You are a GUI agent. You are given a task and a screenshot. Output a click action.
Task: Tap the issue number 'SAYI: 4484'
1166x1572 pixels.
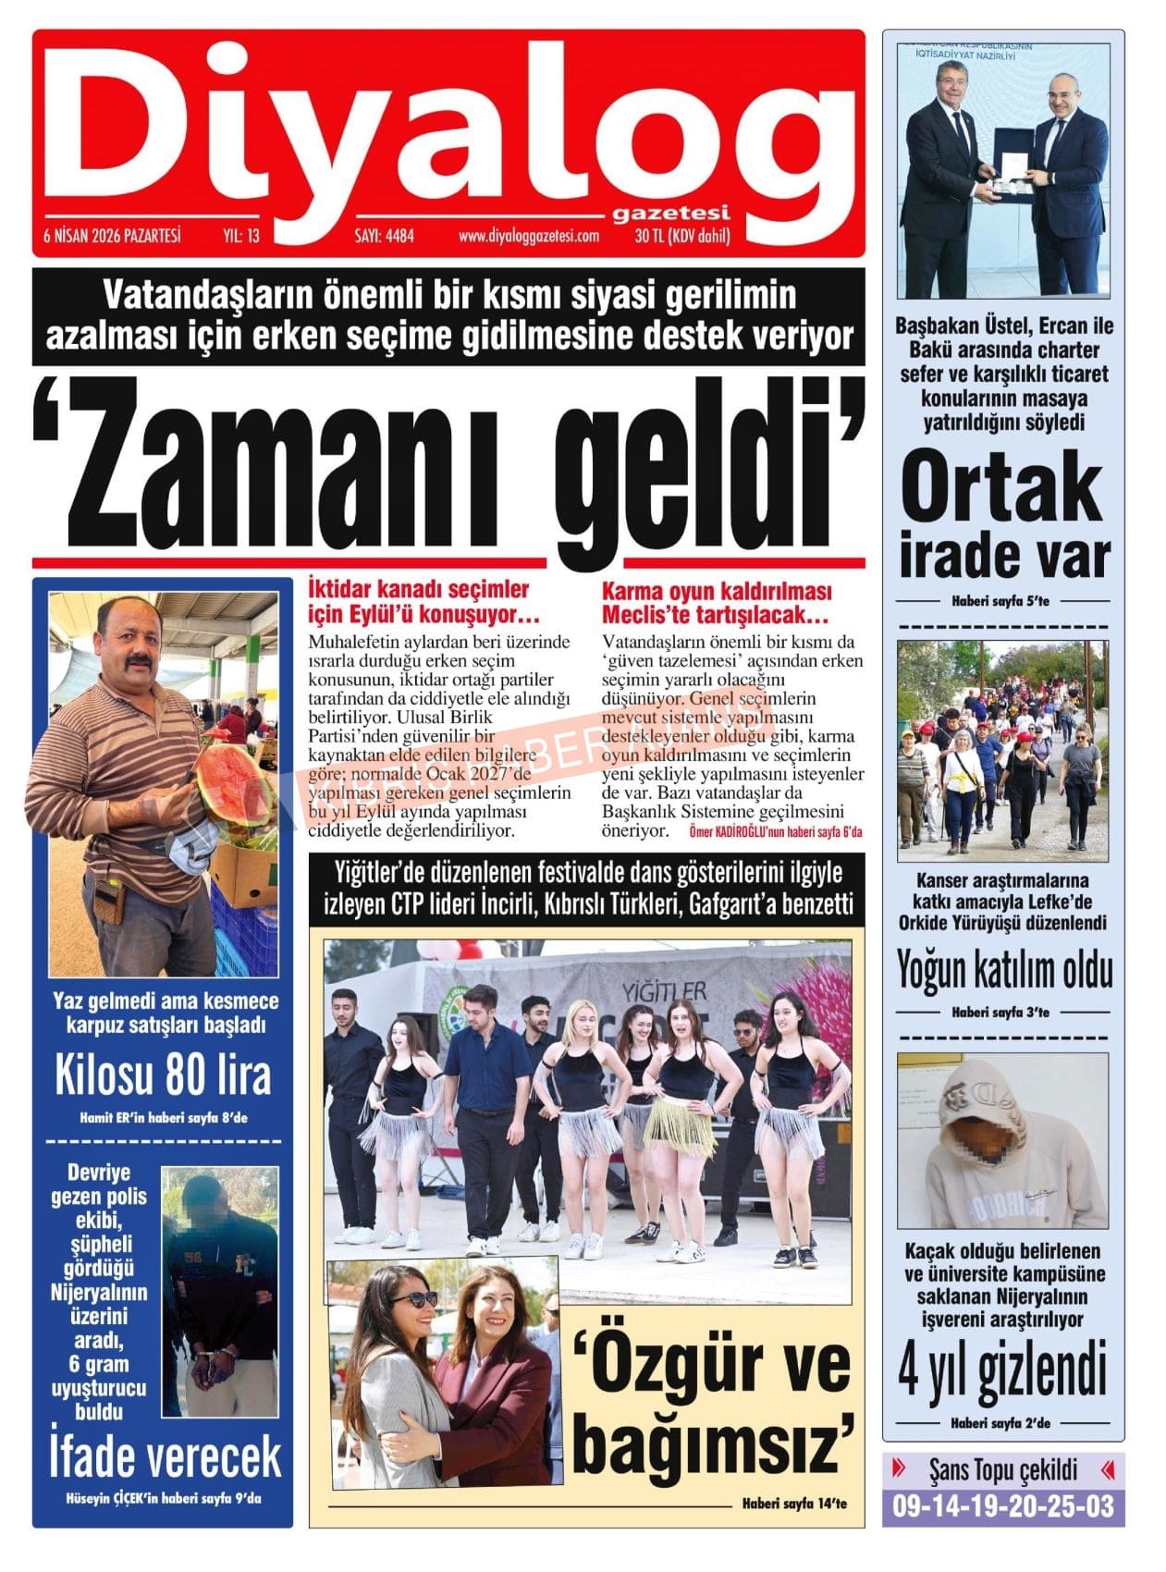click(384, 236)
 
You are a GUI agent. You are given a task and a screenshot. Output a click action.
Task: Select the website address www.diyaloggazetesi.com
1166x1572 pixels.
click(528, 236)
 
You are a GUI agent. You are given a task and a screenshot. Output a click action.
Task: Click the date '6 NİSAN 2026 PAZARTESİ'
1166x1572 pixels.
click(112, 236)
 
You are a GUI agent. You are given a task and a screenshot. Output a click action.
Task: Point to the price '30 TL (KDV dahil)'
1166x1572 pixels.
click(682, 236)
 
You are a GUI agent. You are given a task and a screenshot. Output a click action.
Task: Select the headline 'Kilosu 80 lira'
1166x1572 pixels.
click(163, 1075)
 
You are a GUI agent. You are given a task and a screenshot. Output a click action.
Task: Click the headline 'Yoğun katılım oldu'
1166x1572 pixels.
click(1003, 970)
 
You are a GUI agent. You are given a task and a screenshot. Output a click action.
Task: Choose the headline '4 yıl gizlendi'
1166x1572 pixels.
click(1002, 1370)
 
